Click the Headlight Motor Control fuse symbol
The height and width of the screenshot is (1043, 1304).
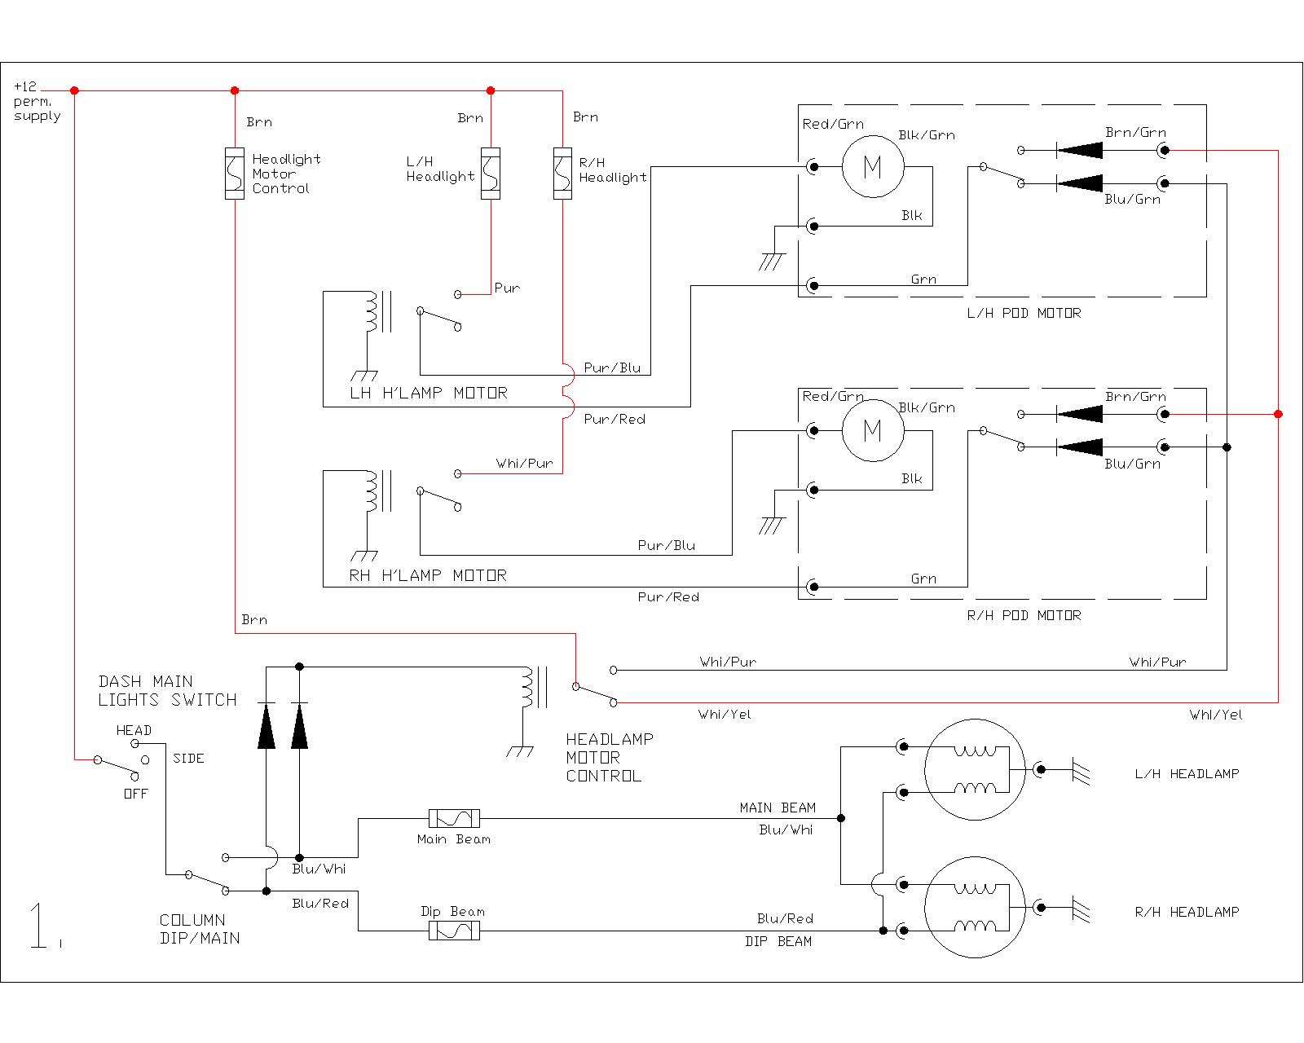pyautogui.click(x=235, y=174)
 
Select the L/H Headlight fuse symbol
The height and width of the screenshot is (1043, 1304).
pyautogui.click(x=490, y=173)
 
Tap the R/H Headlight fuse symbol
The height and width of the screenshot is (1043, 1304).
pyautogui.click(x=562, y=173)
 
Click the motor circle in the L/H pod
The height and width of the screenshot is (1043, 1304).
pyautogui.click(x=873, y=167)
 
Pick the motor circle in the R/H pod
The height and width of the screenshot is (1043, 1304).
pyautogui.click(x=873, y=430)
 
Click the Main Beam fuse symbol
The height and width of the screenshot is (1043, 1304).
pyautogui.click(x=454, y=818)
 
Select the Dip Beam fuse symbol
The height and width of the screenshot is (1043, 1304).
pyautogui.click(x=454, y=931)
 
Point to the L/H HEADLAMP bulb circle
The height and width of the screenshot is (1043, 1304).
pyautogui.click(x=975, y=768)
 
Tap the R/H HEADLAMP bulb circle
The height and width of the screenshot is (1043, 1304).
pyautogui.click(x=975, y=906)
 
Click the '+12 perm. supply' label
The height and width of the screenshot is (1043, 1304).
pyautogui.click(x=37, y=101)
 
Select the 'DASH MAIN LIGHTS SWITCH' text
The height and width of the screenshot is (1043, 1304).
pyautogui.click(x=167, y=690)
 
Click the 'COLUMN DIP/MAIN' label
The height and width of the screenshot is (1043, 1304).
pyautogui.click(x=200, y=929)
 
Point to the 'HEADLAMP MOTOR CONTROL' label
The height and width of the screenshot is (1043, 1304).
pyautogui.click(x=610, y=758)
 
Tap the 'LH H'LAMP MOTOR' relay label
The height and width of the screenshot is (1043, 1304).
pyautogui.click(x=428, y=393)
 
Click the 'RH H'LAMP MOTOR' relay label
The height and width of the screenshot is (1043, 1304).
pyautogui.click(x=428, y=575)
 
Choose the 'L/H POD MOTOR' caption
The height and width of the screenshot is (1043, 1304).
pyautogui.click(x=1024, y=313)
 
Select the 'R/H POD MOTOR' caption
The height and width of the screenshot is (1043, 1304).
pyautogui.click(x=1024, y=615)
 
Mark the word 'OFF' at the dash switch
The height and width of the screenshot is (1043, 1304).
pyautogui.click(x=135, y=793)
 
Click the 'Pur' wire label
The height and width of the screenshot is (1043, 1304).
pyautogui.click(x=507, y=288)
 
